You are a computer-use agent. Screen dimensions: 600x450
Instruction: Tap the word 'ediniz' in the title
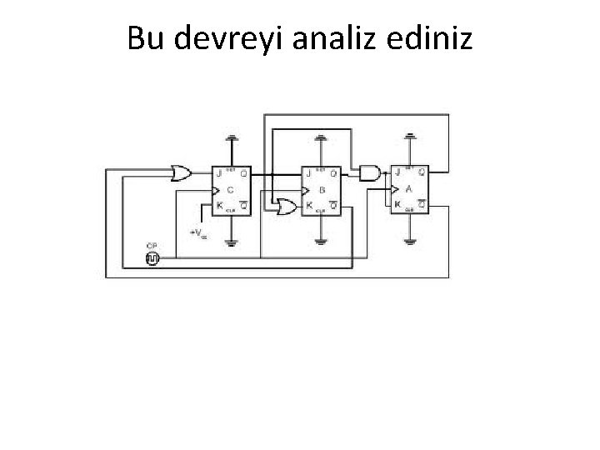pos(432,37)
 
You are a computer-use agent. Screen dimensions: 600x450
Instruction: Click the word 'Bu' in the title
pos(144,37)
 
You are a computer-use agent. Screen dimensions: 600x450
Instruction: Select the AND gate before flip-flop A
pos(368,172)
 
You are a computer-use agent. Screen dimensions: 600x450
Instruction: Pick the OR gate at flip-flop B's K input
pos(286,206)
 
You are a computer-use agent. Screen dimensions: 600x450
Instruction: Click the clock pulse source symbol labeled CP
pos(152,259)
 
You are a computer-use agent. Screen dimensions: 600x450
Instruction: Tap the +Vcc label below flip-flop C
pos(198,232)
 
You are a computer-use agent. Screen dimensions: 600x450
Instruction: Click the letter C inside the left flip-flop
pos(230,189)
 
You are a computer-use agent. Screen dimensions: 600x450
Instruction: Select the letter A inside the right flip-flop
pos(408,188)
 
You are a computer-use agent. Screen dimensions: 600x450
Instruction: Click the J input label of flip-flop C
pos(219,174)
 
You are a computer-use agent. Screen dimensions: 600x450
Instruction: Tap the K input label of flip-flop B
pos(309,205)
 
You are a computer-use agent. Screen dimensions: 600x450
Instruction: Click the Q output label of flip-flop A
pos(422,172)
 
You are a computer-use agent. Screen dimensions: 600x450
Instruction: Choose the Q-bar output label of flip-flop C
pos(242,205)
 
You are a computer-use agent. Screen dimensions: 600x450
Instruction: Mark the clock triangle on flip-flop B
pos(305,190)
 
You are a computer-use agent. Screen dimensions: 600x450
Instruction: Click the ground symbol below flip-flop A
pos(409,242)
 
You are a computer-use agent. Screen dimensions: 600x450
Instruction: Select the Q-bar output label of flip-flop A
pos(422,204)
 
